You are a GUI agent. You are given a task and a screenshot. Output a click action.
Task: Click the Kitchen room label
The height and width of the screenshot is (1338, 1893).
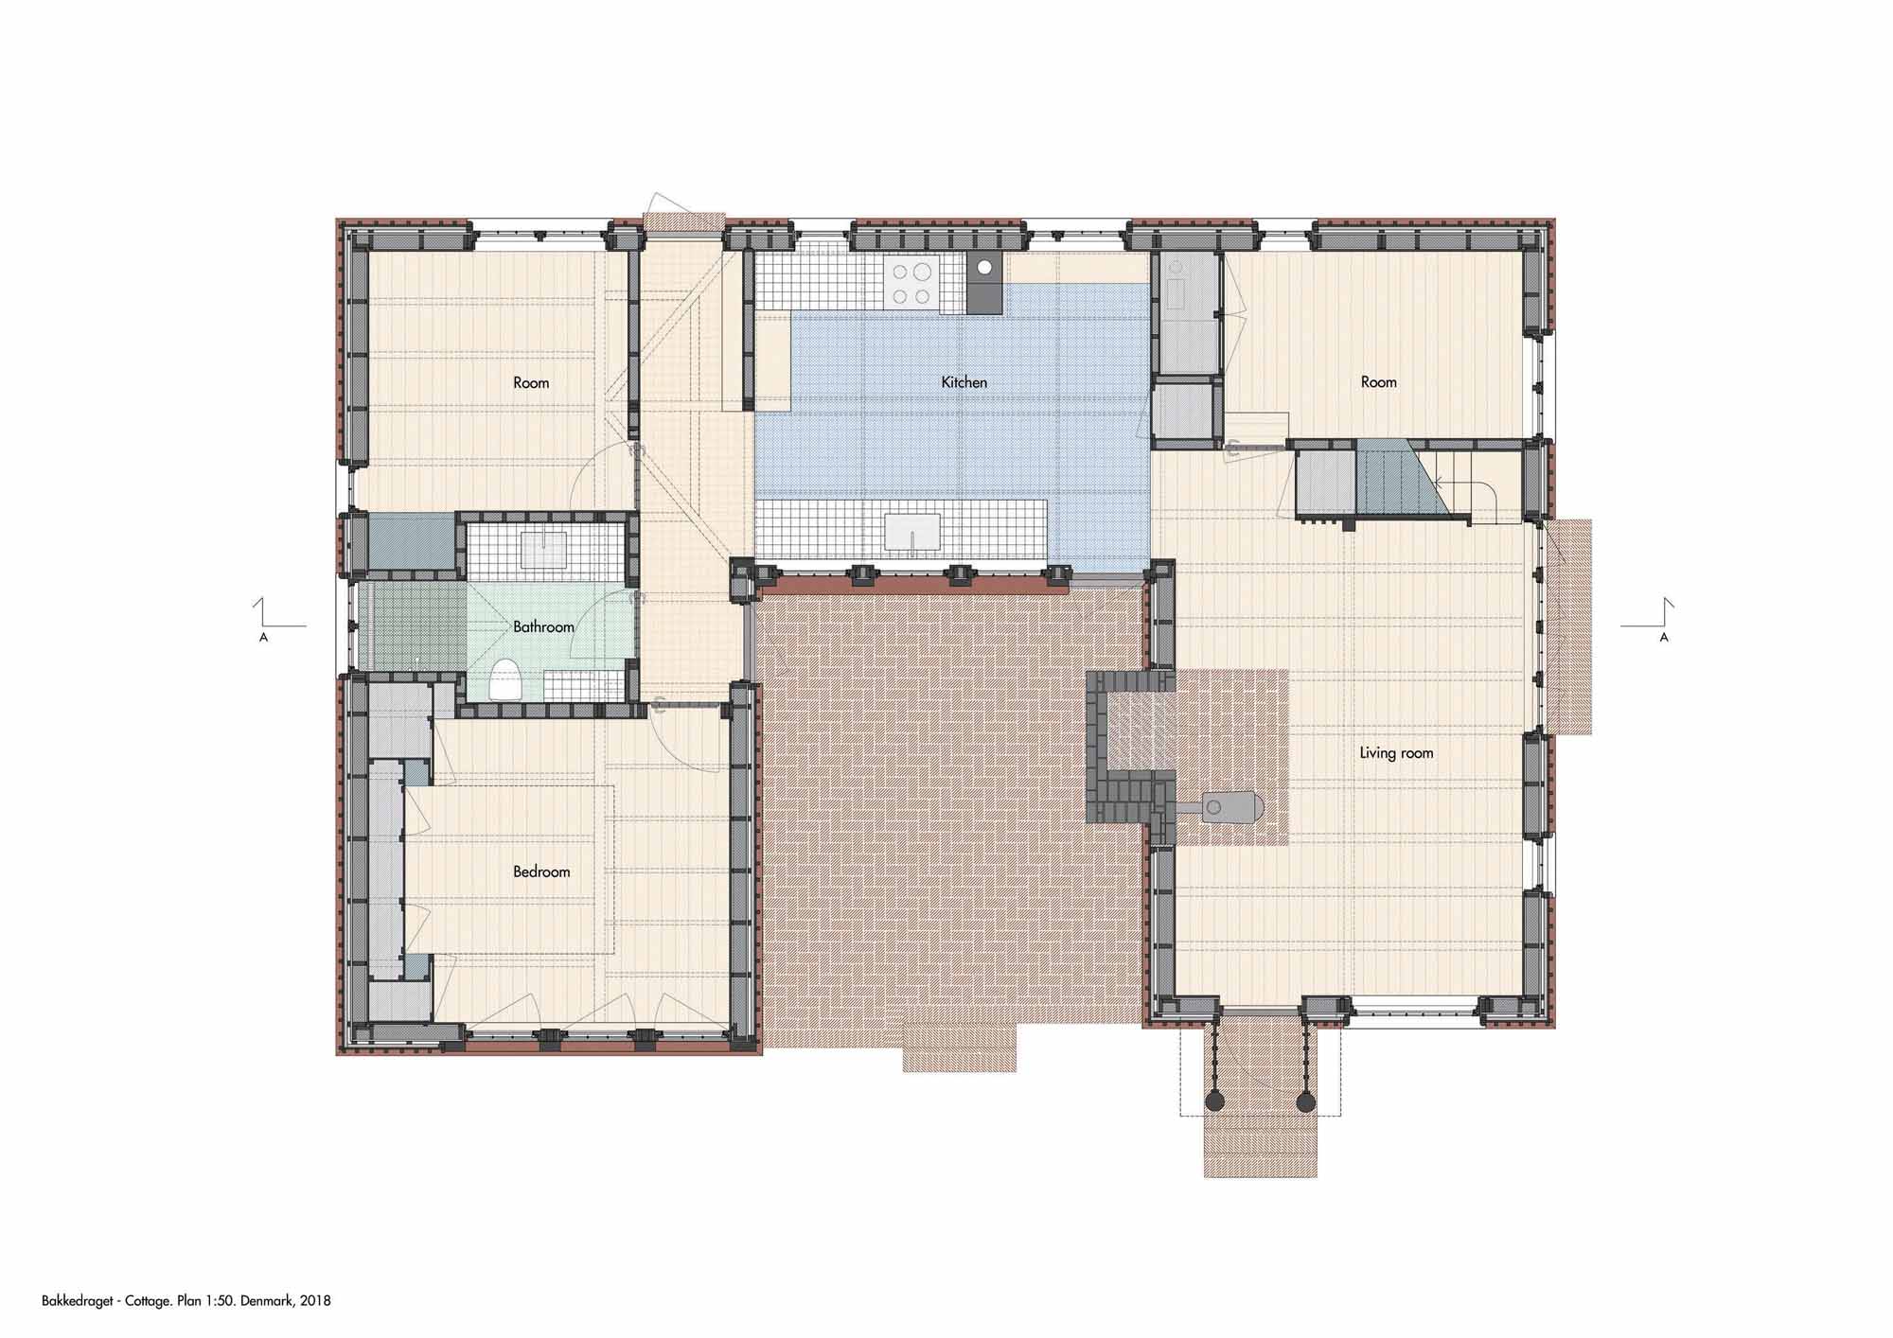point(964,382)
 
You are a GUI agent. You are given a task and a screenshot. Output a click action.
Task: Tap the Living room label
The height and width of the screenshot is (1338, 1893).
point(1396,753)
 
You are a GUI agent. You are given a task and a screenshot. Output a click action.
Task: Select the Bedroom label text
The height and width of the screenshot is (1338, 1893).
point(541,871)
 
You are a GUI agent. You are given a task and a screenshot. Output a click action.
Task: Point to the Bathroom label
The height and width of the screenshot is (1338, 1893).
point(543,626)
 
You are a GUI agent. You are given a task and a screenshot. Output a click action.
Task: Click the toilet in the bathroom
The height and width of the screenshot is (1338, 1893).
point(505,678)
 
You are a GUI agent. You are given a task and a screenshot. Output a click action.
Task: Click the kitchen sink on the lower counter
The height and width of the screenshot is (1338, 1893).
point(912,531)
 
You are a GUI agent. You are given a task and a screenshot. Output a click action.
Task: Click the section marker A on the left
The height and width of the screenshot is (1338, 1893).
point(263,638)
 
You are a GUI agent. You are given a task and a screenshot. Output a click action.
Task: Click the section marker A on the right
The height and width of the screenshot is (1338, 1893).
point(1664,638)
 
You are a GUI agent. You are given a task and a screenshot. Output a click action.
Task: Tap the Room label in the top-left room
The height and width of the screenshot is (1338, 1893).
point(531,383)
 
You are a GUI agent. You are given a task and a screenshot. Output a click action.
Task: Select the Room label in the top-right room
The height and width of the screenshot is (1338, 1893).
point(1378,382)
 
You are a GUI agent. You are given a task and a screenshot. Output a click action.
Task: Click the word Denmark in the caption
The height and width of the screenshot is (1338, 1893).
point(270,1301)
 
